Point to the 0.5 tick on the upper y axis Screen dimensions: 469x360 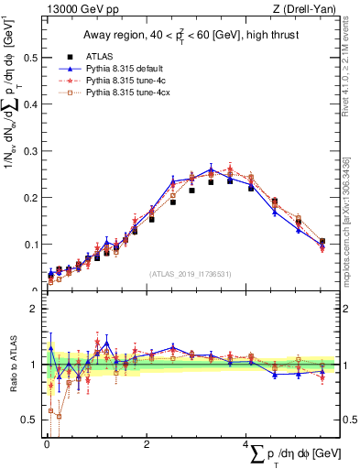tap(31, 57)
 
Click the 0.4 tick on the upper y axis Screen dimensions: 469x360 tap(31, 104)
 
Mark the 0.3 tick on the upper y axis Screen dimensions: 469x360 tap(31, 150)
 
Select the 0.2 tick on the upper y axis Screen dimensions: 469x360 tap(31, 197)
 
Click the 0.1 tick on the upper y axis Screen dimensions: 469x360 tap(31, 244)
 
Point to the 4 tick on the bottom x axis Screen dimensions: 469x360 tap(247, 443)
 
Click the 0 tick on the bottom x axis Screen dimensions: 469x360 tap(47, 443)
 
